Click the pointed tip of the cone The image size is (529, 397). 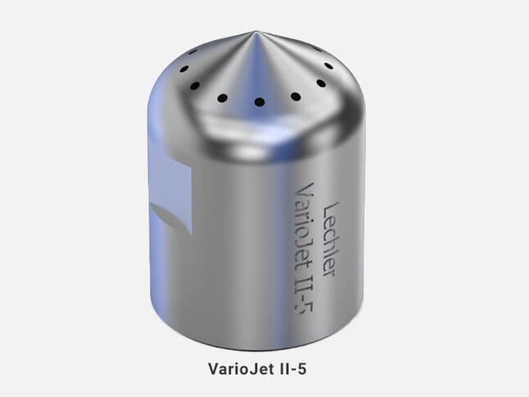[x=255, y=31]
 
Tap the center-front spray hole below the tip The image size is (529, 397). [x=259, y=102]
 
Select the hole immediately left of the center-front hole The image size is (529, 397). [x=223, y=98]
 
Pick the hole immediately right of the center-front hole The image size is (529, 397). [x=296, y=97]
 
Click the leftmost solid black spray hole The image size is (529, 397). [x=184, y=69]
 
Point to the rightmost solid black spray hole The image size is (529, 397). [x=328, y=65]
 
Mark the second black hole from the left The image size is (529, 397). [x=195, y=86]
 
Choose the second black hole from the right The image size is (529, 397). [x=321, y=83]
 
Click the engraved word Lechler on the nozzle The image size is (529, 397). [x=330, y=240]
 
